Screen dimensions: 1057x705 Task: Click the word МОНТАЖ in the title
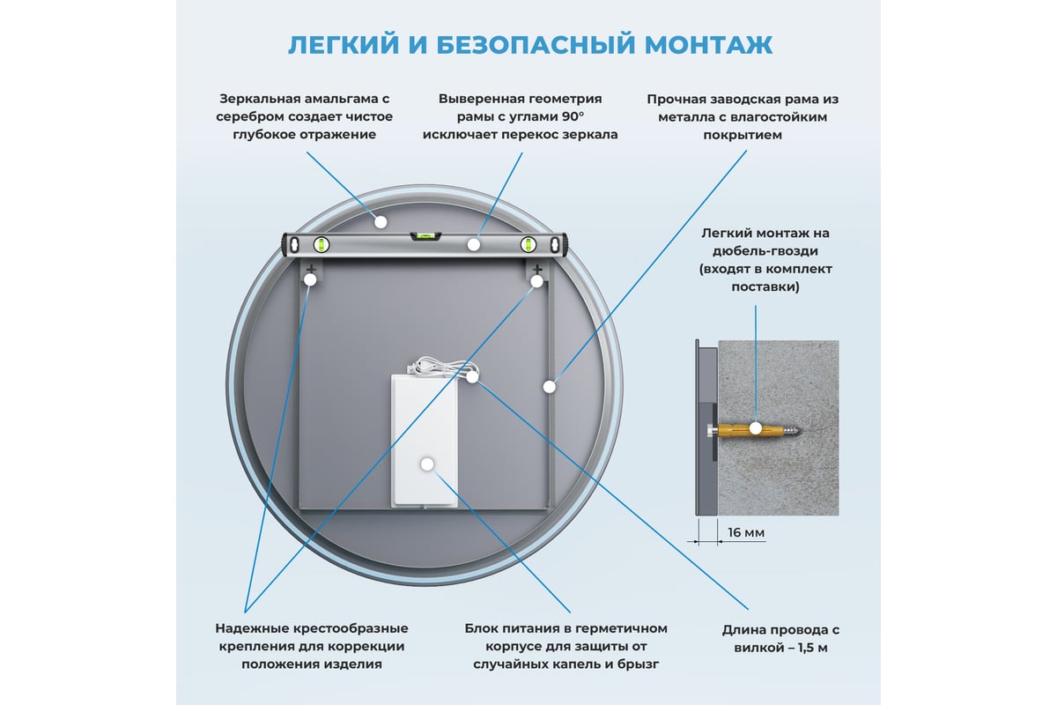point(708,45)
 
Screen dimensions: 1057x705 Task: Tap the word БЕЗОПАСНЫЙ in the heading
point(536,45)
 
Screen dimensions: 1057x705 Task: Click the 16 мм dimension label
point(746,532)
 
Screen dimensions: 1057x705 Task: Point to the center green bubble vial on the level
point(425,235)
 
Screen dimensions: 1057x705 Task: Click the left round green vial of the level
point(322,245)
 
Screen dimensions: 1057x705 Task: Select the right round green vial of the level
point(528,245)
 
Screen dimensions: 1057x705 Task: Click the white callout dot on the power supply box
point(427,464)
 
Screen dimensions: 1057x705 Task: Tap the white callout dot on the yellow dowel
point(756,428)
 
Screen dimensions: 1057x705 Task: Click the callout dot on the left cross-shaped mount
point(310,280)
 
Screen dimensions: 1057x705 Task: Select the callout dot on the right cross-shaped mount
point(536,281)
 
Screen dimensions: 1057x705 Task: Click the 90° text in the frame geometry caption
point(573,116)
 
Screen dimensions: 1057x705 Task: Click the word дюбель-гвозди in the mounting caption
point(765,251)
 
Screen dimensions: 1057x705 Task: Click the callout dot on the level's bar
point(474,245)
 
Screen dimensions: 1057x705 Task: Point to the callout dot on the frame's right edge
point(550,387)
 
